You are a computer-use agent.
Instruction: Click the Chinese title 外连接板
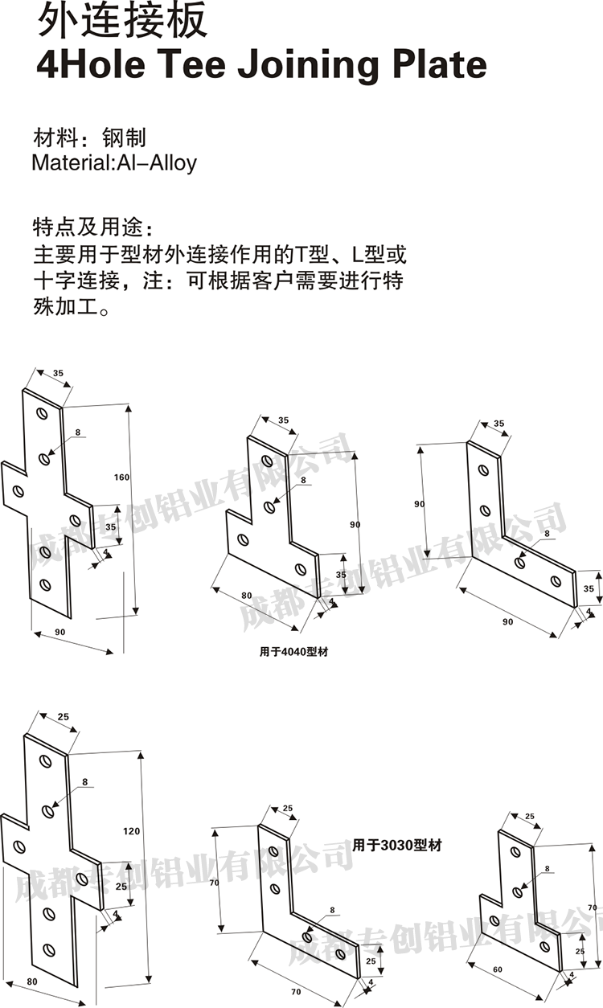pos(122,22)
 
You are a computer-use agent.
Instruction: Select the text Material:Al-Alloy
pos(114,162)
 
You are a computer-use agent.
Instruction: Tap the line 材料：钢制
pos(88,136)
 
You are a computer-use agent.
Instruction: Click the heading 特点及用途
pos(91,223)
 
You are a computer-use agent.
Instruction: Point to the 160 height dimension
pos(121,478)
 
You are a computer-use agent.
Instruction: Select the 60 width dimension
pos(497,971)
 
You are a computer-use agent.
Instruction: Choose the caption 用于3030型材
pos(397,846)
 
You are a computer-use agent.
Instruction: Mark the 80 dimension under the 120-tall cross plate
pos(31,981)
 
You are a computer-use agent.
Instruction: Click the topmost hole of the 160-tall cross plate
pos(43,415)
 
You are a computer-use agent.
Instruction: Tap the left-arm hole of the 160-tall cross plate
pos(18,490)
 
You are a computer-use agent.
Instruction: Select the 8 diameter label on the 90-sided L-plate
pos(547,534)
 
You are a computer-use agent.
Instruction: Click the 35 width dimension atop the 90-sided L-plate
pos(498,424)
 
